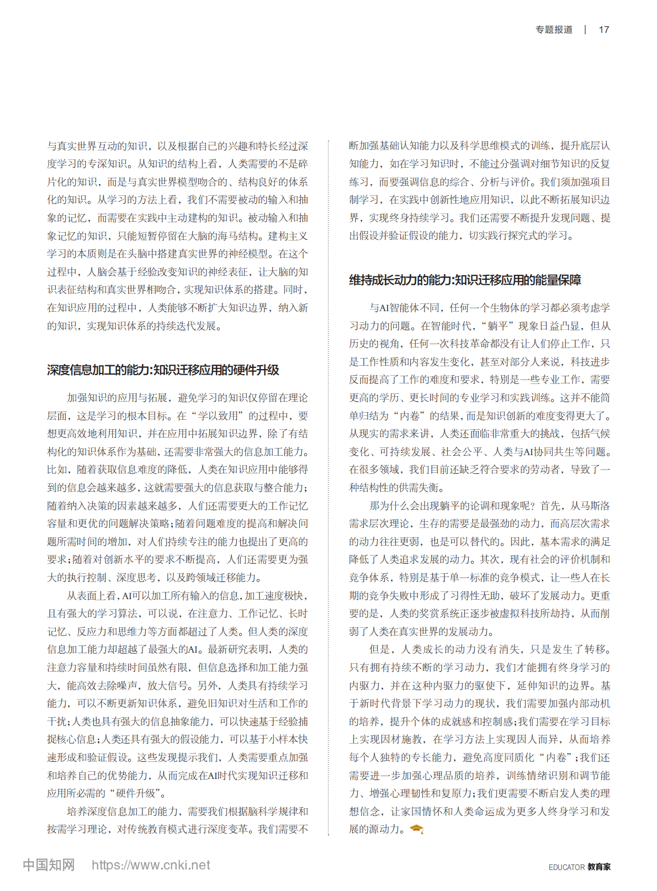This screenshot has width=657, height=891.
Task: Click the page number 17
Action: click(x=603, y=30)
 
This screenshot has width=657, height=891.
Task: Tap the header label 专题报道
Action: click(x=554, y=30)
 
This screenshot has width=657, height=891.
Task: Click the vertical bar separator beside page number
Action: click(x=585, y=30)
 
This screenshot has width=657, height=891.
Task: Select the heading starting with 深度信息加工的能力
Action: click(x=163, y=370)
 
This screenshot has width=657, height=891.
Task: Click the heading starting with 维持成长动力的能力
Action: click(x=465, y=280)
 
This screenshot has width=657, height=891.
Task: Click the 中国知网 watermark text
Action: click(x=49, y=865)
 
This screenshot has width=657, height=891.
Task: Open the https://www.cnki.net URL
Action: click(x=151, y=865)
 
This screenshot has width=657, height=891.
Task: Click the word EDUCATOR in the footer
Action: click(x=566, y=867)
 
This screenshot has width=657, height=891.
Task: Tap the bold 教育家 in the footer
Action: click(x=599, y=867)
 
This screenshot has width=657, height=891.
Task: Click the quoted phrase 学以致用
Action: click(x=218, y=416)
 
